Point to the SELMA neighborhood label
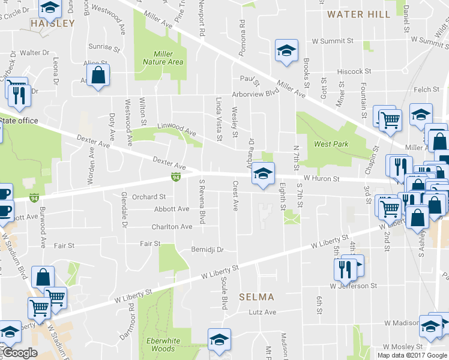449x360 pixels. (256, 297)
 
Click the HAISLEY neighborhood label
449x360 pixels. (53, 24)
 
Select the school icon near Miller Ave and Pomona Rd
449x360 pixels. (286, 51)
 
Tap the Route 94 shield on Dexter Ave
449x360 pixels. (175, 177)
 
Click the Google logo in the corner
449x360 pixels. (19, 353)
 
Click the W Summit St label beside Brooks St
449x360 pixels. (333, 41)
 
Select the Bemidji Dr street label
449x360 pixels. (207, 249)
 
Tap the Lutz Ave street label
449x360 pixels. (262, 312)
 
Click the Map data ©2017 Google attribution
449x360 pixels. (412, 355)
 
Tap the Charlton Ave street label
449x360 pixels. (172, 227)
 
